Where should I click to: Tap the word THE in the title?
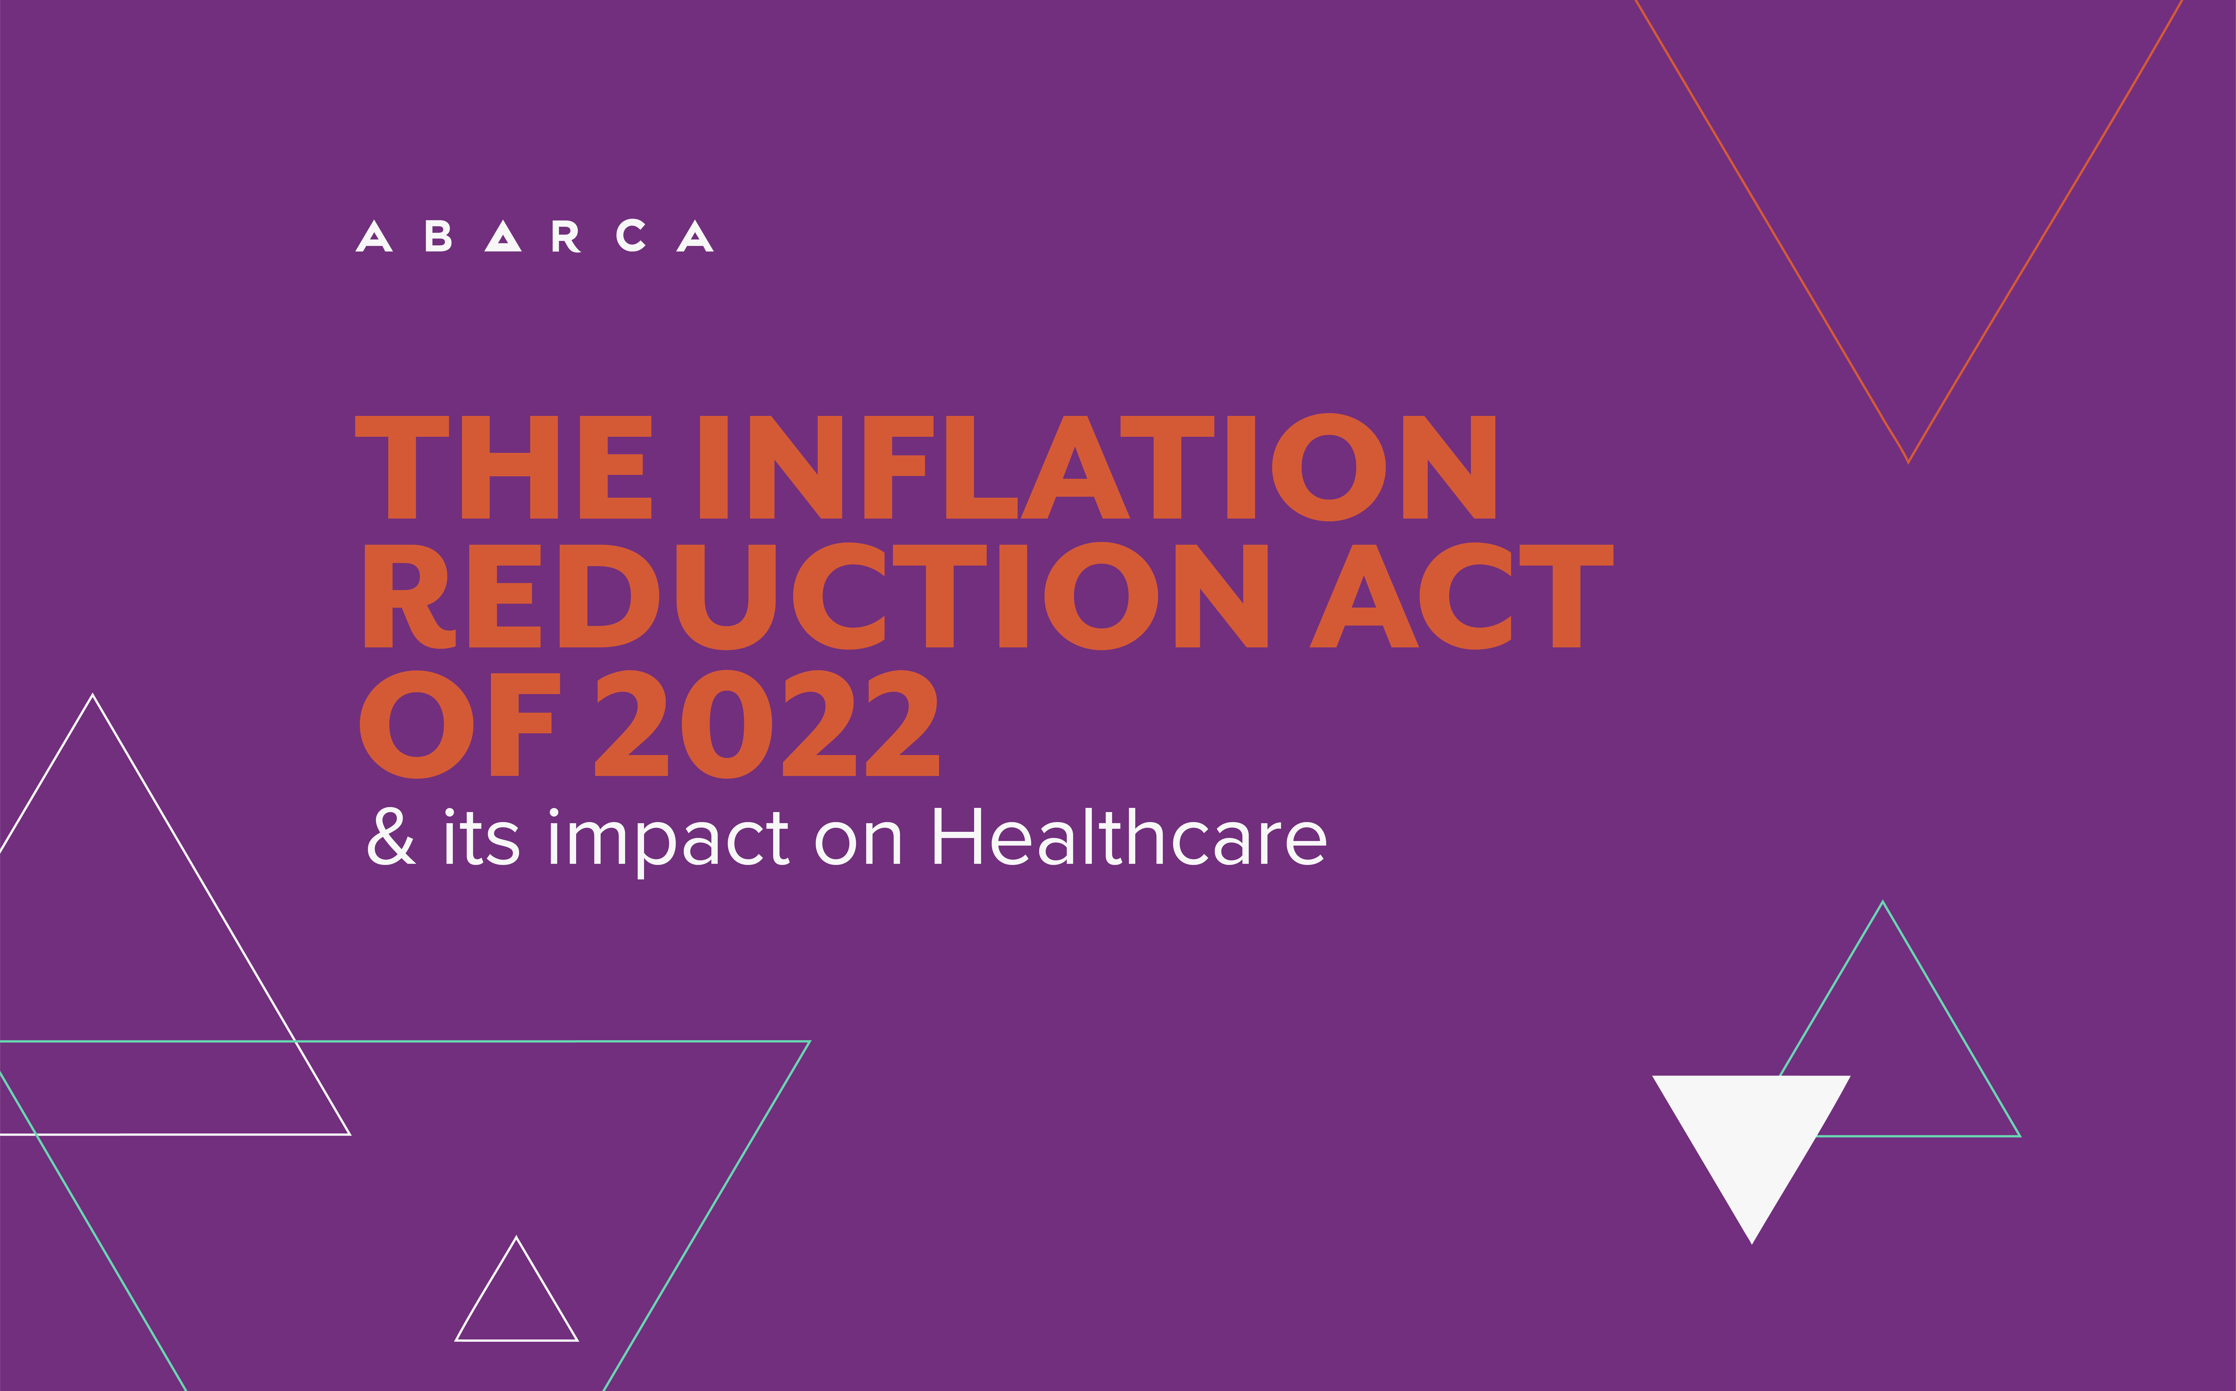[x=503, y=467]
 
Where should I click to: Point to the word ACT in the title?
[x=1461, y=596]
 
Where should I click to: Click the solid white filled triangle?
[x=1751, y=1141]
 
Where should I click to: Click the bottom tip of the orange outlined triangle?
[x=1908, y=463]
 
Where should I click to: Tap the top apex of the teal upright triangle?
[x=1883, y=902]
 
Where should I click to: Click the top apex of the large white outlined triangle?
[x=93, y=695]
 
